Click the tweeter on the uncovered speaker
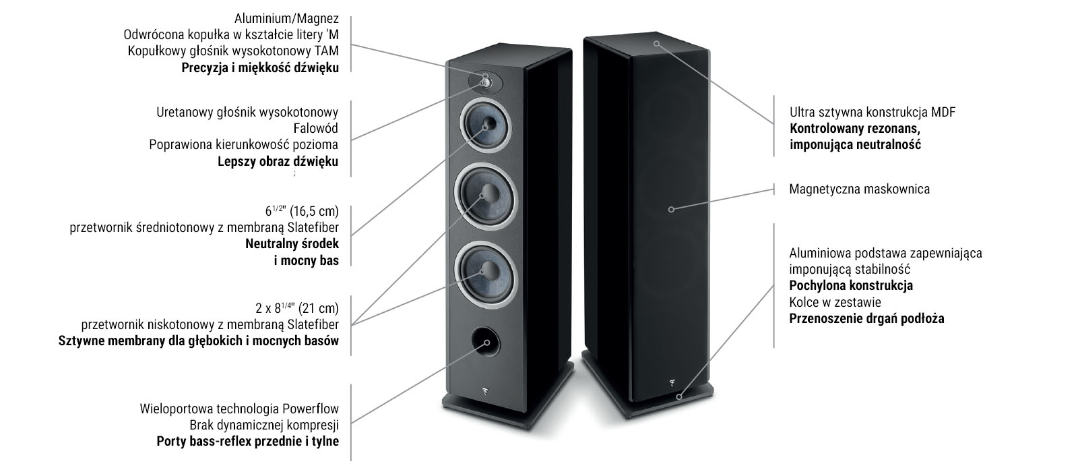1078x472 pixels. (x=486, y=82)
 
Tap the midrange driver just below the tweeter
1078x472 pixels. (x=485, y=126)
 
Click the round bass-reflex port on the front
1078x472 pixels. (x=486, y=343)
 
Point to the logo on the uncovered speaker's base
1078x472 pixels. (x=484, y=392)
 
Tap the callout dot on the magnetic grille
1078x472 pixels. (x=671, y=210)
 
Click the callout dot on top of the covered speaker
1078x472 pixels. (x=656, y=43)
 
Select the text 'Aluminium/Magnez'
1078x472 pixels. (x=286, y=19)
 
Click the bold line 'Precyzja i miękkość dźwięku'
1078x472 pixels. (x=260, y=68)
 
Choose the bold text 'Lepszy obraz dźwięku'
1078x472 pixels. (x=278, y=161)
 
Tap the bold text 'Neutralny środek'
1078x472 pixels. (x=292, y=243)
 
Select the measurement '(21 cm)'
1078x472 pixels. (x=319, y=307)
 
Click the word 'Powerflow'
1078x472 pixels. (x=311, y=409)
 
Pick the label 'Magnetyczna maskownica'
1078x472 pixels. (x=860, y=189)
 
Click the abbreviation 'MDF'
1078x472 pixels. (x=943, y=112)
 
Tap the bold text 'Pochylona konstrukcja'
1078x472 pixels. (x=851, y=286)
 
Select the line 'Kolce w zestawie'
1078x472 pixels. (x=835, y=303)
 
